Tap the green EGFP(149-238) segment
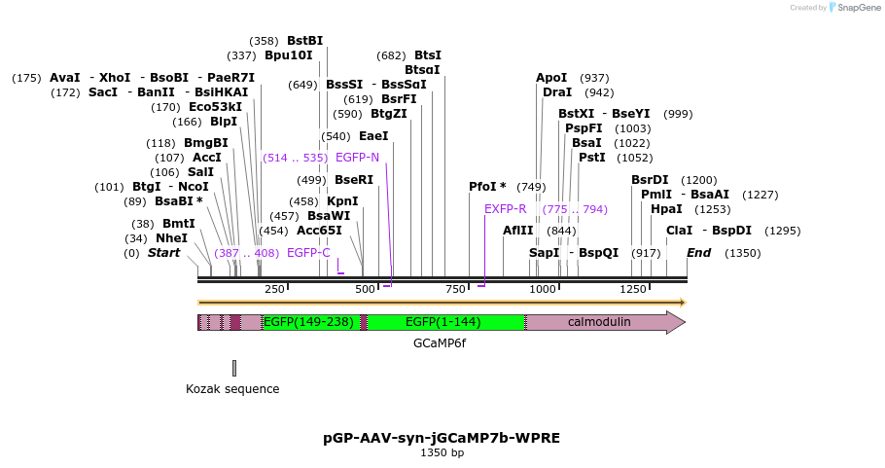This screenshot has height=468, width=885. click(x=308, y=322)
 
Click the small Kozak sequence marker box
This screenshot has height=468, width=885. click(x=234, y=368)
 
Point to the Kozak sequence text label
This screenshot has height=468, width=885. click(x=232, y=389)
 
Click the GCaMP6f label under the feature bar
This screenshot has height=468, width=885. click(x=440, y=343)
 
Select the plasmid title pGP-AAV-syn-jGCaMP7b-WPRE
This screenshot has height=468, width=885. click(x=442, y=438)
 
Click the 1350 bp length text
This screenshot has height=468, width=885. click(x=442, y=452)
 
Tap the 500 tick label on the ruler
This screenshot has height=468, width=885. click(x=365, y=289)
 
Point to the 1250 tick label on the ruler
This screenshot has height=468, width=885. click(x=632, y=289)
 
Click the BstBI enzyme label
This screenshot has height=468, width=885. click(x=304, y=41)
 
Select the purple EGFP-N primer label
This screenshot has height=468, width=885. click(x=357, y=157)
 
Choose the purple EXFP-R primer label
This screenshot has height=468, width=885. click(x=505, y=209)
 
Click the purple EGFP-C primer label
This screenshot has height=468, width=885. click(x=308, y=253)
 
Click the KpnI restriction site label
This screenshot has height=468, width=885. click(x=342, y=201)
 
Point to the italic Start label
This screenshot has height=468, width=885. click(x=163, y=253)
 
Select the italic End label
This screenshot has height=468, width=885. click(x=698, y=253)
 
